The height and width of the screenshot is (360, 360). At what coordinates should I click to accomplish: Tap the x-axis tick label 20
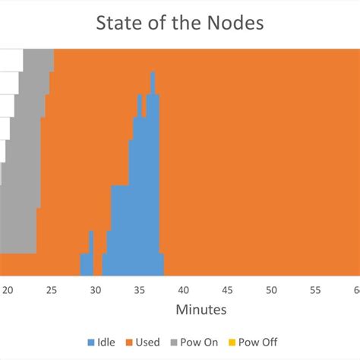click(8, 290)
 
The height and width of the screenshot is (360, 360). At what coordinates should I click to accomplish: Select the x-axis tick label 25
click(52, 290)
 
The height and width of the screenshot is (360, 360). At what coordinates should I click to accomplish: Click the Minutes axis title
click(201, 310)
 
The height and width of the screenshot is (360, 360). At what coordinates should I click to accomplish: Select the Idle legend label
click(107, 343)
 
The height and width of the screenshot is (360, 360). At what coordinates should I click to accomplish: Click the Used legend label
click(147, 343)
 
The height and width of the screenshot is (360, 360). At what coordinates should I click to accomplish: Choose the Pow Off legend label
click(257, 343)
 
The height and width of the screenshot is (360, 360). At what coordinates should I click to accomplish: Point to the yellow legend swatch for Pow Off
click(233, 343)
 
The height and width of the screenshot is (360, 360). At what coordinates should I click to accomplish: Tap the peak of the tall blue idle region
click(153, 76)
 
